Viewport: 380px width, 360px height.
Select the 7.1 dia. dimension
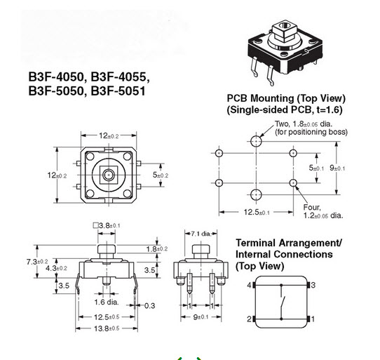coord(200,232)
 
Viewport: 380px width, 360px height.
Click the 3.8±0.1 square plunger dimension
coord(107,225)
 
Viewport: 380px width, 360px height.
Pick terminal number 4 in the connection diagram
coord(248,285)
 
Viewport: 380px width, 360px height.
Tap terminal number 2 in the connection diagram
coord(248,319)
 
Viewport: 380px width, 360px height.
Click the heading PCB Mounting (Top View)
coord(285,98)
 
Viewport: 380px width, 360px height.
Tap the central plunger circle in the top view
coord(109,173)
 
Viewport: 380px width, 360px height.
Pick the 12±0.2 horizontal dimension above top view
coord(109,135)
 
